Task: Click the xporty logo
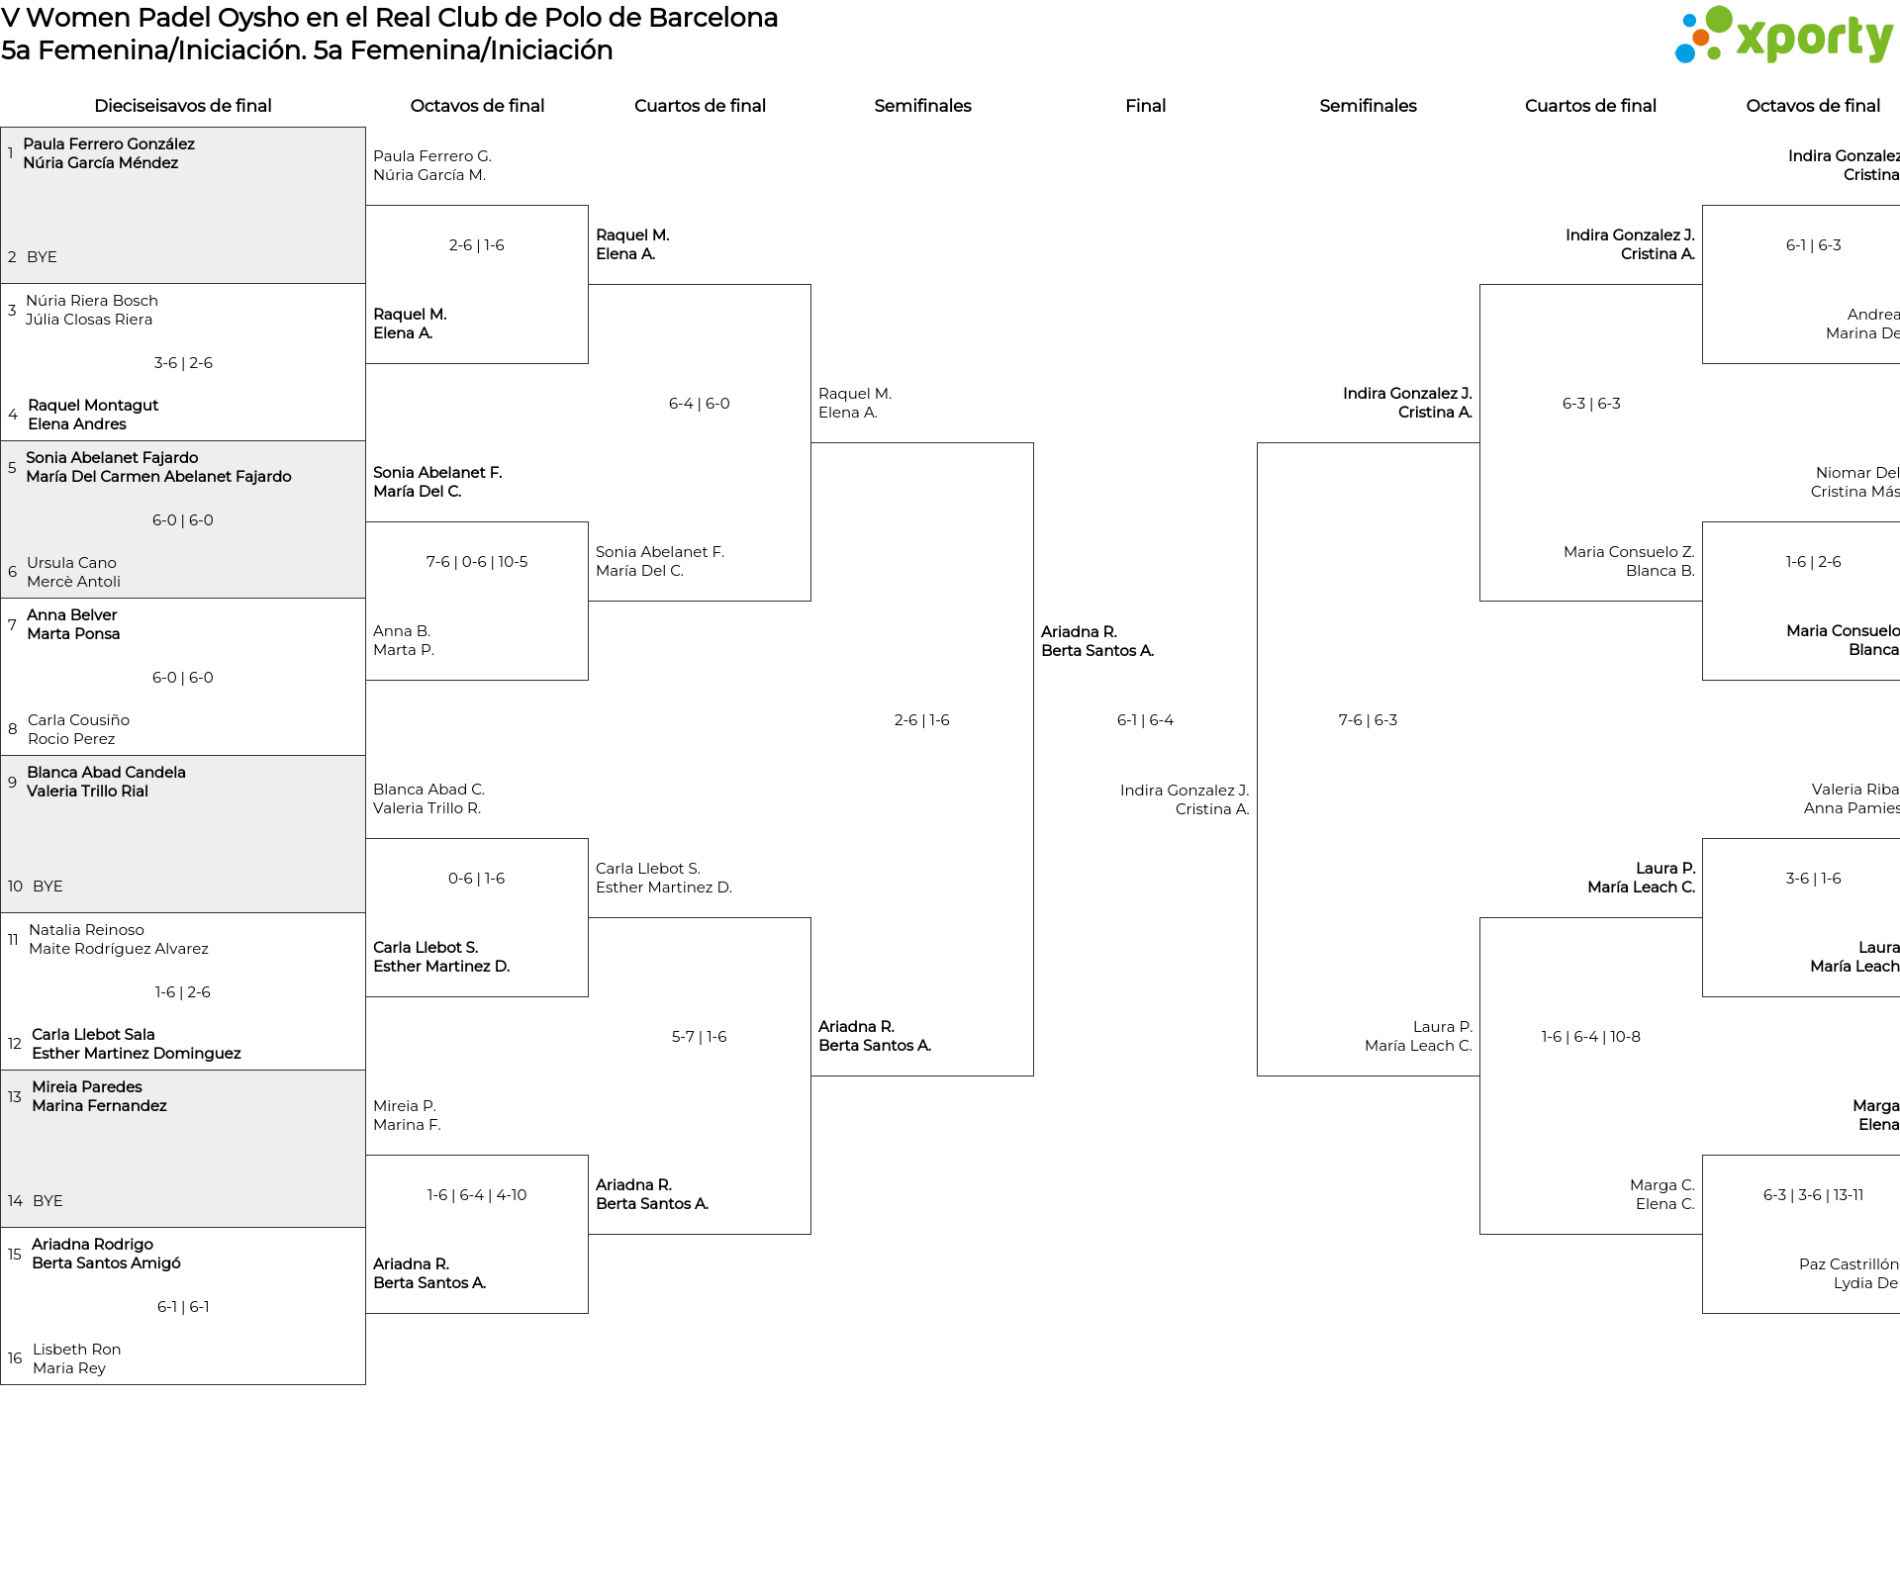1783,37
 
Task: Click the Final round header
1145,106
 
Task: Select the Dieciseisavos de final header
183,106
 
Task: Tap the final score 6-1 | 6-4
1145,720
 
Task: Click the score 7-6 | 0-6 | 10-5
477,562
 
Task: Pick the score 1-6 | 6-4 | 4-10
477,1195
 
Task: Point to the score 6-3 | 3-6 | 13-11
1813,1195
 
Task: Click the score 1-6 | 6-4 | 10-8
1590,1037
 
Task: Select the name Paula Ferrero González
109,144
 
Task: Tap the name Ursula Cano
71,563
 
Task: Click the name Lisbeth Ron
76,1350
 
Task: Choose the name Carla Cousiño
78,720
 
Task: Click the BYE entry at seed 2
42,257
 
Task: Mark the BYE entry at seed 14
47,1201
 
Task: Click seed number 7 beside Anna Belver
12,625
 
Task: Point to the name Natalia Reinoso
86,930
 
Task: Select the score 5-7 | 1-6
699,1037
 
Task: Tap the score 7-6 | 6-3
1368,720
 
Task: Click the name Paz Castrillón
1849,1264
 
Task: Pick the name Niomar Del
1857,473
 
